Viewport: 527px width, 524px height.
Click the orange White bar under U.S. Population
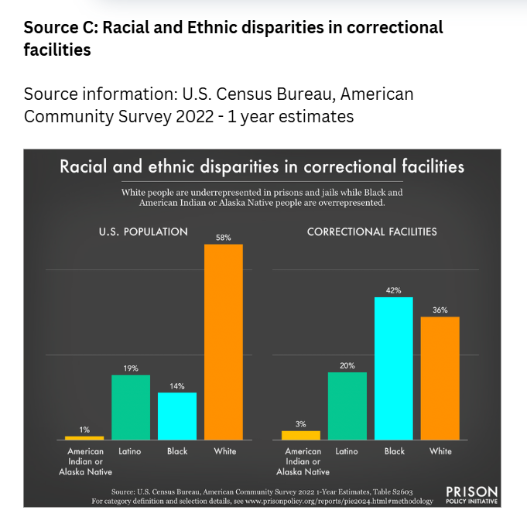pyautogui.click(x=224, y=341)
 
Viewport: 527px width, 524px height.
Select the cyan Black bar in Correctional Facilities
pyautogui.click(x=394, y=368)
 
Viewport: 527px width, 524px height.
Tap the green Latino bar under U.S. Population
pyautogui.click(x=130, y=407)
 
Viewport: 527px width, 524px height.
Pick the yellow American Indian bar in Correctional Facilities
pyautogui.click(x=301, y=435)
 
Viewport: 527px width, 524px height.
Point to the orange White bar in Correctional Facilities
pyautogui.click(x=440, y=378)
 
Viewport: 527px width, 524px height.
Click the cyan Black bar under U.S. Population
pyautogui.click(x=177, y=416)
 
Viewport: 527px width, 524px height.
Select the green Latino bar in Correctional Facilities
pyautogui.click(x=347, y=406)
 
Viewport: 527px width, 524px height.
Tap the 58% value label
pyautogui.click(x=224, y=238)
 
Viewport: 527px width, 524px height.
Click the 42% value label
pyautogui.click(x=394, y=290)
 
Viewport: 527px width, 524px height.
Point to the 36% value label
pyautogui.click(x=440, y=310)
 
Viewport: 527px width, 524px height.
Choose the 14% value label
pyautogui.click(x=177, y=385)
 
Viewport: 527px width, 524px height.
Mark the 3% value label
pyautogui.click(x=301, y=423)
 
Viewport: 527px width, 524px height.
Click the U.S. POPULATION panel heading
pyautogui.click(x=143, y=231)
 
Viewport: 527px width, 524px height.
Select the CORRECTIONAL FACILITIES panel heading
pyautogui.click(x=372, y=231)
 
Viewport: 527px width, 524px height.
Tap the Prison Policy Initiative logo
pyautogui.click(x=472, y=495)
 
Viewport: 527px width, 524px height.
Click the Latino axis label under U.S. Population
pyautogui.click(x=130, y=451)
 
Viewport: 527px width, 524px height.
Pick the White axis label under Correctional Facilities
pyautogui.click(x=440, y=451)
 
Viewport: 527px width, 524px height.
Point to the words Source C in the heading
pyautogui.click(x=59, y=28)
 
